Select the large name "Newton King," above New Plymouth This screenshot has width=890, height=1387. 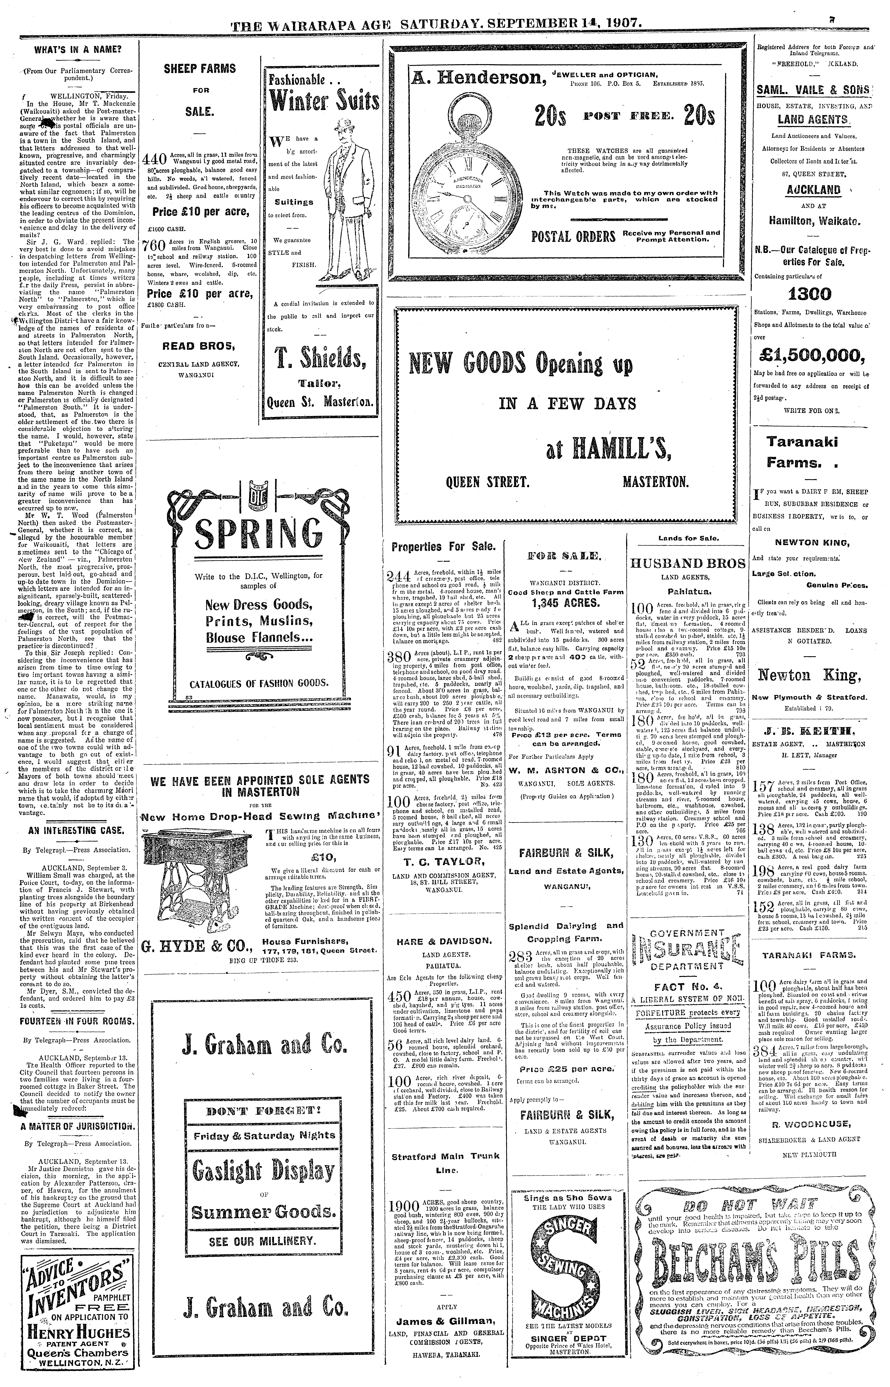809,675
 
